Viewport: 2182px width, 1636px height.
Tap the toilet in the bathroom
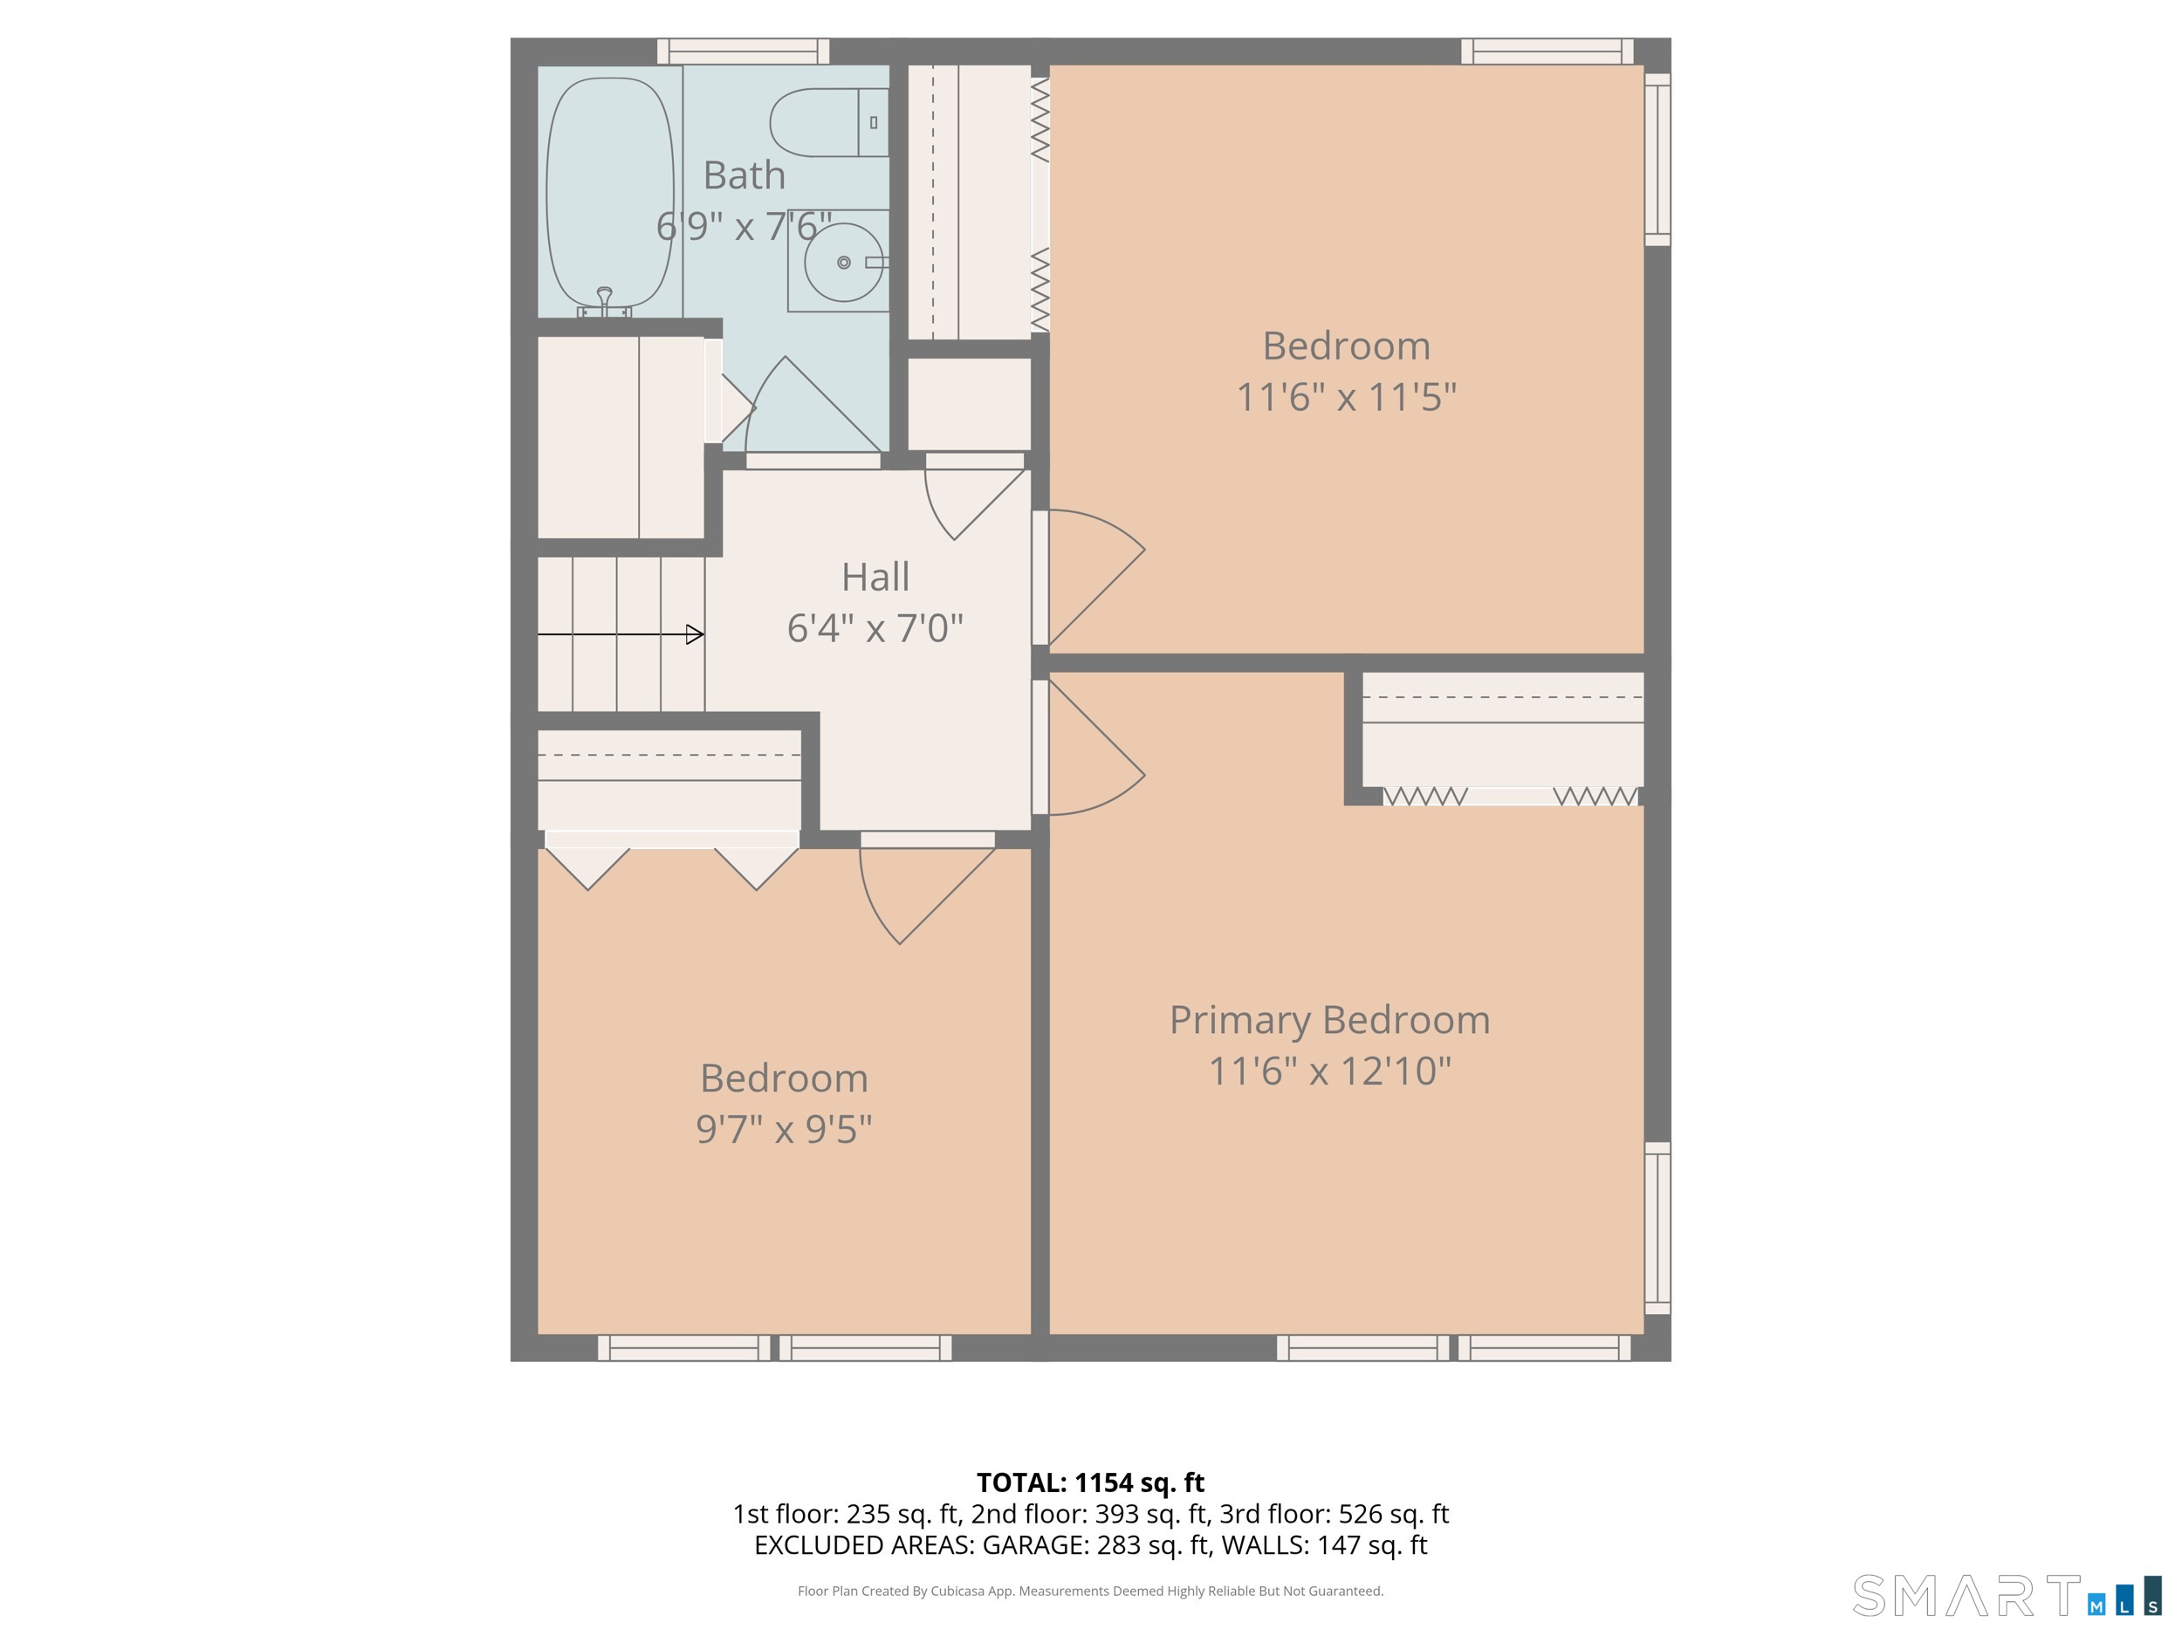[828, 122]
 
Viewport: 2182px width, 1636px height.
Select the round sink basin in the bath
[843, 263]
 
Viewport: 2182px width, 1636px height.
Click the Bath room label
[744, 175]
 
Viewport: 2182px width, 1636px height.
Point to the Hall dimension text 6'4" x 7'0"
[875, 628]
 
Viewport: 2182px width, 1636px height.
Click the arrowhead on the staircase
[695, 634]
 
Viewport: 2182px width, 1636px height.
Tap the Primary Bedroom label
[1330, 1020]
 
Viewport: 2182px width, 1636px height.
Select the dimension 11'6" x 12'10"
[1330, 1071]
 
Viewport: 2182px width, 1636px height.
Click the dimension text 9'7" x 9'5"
[785, 1129]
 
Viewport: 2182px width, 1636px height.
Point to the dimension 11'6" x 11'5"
[1347, 397]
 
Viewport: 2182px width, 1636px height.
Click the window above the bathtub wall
[743, 51]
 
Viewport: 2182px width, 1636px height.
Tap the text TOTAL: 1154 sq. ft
[1090, 1482]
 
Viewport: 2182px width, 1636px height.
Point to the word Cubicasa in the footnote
[957, 1591]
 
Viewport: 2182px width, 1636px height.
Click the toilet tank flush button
[873, 122]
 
